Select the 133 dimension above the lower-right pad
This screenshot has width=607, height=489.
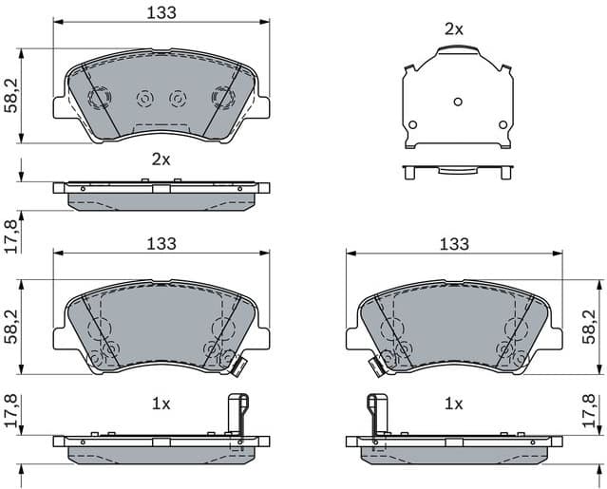point(454,244)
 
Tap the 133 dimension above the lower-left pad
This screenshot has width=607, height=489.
point(161,244)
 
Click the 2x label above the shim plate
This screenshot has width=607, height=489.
point(454,29)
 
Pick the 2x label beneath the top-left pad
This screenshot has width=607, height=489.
point(161,160)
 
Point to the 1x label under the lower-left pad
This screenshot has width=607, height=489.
point(161,404)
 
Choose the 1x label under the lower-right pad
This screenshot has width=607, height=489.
point(454,404)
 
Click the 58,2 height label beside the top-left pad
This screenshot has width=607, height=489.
point(10,95)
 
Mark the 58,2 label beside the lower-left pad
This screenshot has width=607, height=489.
point(10,326)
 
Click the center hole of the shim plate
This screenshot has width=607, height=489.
point(457,102)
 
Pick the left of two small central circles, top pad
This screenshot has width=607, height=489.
point(145,98)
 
